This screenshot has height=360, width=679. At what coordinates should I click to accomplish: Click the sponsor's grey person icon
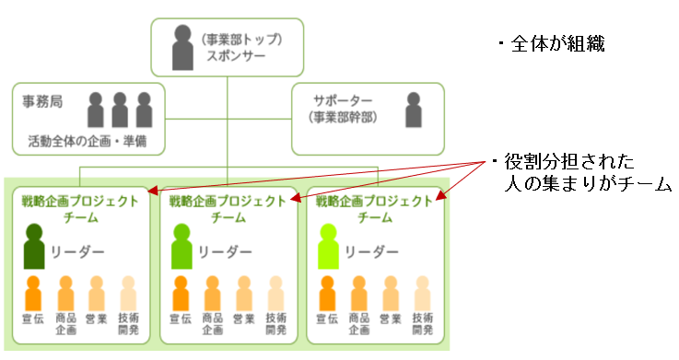click(182, 47)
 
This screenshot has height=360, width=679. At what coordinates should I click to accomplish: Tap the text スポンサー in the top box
click(236, 56)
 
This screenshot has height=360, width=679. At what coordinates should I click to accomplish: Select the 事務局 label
click(42, 101)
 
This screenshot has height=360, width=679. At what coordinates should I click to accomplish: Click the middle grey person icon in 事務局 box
click(120, 110)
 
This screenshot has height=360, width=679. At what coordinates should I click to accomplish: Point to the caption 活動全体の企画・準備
click(88, 141)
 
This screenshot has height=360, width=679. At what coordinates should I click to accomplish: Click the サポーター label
click(343, 100)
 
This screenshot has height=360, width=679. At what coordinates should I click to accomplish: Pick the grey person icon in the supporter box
click(414, 110)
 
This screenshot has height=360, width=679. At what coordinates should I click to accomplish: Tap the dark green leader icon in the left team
click(34, 247)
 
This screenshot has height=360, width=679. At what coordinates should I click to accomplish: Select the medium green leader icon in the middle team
click(181, 247)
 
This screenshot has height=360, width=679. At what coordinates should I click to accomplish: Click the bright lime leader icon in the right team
click(328, 247)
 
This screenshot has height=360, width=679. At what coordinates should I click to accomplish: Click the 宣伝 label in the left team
click(33, 319)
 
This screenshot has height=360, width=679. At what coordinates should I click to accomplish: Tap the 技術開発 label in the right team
click(423, 324)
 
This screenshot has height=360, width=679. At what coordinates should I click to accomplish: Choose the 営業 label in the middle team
click(243, 319)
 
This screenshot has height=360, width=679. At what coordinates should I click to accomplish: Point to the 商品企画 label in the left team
click(65, 324)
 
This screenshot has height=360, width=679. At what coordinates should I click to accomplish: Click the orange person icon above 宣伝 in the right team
click(327, 294)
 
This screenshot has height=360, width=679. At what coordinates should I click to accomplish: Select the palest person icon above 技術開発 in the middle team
click(275, 294)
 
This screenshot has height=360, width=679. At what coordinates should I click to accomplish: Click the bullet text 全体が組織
click(551, 44)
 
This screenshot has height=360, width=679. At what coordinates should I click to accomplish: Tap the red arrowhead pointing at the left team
click(152, 191)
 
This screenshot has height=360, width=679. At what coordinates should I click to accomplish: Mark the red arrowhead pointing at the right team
click(440, 195)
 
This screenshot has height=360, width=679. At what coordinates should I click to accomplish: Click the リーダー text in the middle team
click(225, 252)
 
